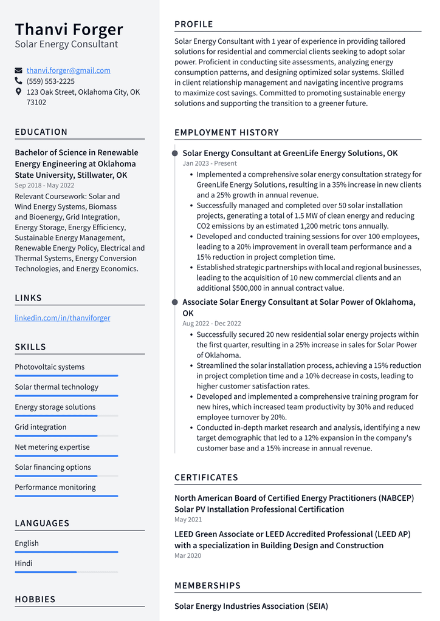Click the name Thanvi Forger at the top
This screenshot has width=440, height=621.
coord(69,29)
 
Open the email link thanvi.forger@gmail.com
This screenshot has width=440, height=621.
coord(68,70)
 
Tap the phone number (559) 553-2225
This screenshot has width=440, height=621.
coord(50,81)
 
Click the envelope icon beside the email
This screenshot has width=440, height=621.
coord(19,70)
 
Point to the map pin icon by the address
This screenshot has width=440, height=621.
coord(19,92)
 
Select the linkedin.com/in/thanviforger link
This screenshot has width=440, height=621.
coord(62,317)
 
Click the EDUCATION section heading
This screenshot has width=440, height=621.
coord(41,132)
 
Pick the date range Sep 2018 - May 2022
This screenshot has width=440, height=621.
coord(44,185)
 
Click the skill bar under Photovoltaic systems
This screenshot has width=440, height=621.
coord(66,376)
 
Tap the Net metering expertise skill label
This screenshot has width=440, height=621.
coord(52,447)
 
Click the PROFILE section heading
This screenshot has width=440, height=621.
coord(194,24)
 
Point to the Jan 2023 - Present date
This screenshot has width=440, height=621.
coord(210,163)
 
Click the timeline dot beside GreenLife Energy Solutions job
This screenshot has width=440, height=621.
coord(175,153)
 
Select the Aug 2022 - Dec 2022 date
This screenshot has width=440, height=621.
coord(211,324)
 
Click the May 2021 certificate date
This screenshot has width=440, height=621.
coord(188,520)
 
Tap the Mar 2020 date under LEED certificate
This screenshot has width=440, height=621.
coord(188,555)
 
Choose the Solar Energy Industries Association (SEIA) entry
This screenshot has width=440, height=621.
coord(251,606)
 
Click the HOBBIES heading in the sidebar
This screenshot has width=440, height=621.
coord(35,599)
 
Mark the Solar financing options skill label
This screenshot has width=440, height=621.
coord(53,467)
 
